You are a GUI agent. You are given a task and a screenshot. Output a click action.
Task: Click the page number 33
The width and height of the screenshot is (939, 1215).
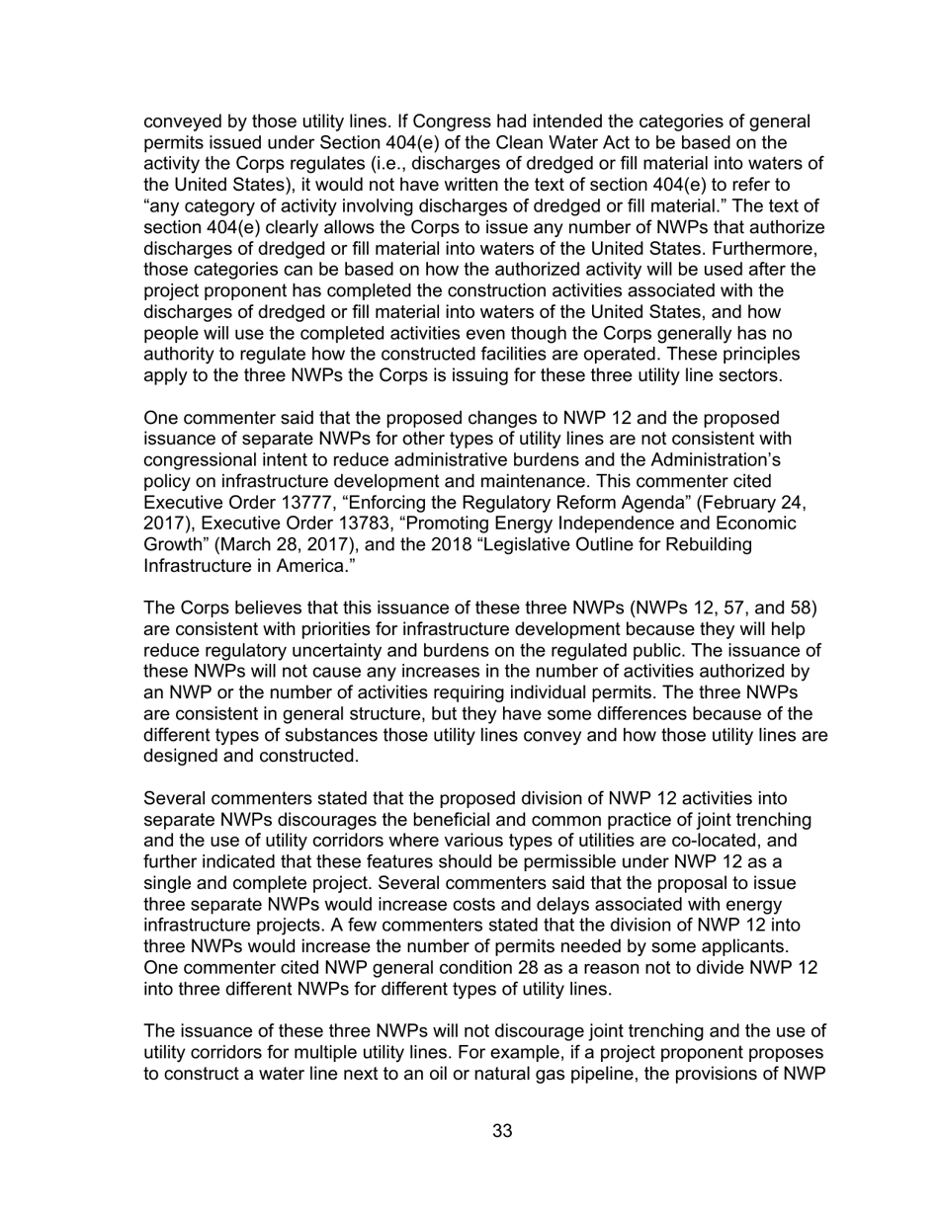click(502, 1131)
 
